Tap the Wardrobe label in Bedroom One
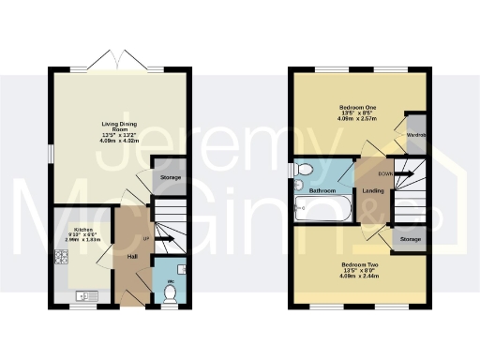pos(416,135)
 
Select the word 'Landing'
pos(371,191)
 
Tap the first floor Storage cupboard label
pos(410,240)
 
